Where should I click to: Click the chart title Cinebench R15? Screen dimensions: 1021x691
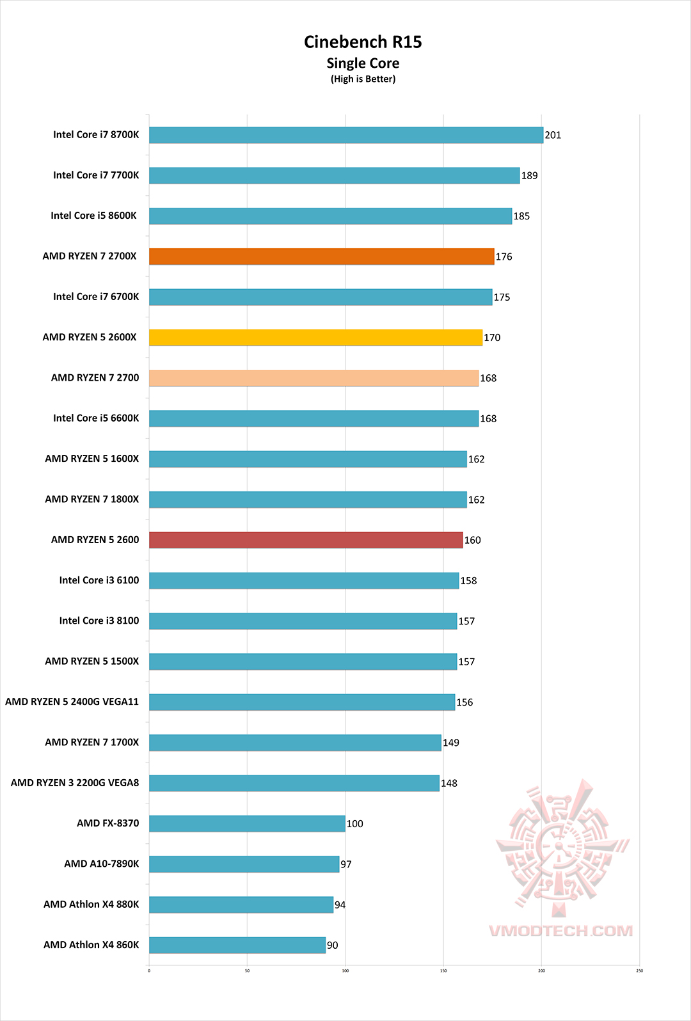[363, 42]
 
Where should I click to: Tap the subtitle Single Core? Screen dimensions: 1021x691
[363, 63]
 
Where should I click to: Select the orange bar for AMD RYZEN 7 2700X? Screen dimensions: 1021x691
[321, 257]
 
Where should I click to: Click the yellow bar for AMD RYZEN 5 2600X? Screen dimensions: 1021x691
[315, 337]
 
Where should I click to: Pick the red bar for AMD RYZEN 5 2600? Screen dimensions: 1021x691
[306, 540]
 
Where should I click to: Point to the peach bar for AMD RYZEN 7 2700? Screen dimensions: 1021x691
[314, 378]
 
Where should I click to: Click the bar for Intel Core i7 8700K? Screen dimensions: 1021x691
[345, 135]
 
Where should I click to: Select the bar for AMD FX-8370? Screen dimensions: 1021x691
[247, 823]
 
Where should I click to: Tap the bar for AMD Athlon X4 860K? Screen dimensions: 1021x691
[237, 945]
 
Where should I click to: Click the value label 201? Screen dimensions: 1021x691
[553, 135]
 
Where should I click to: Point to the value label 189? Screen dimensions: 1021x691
[529, 175]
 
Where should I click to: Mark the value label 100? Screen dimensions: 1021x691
[354, 823]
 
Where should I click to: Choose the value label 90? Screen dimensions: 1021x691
[333, 945]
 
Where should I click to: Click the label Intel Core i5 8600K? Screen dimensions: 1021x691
[93, 216]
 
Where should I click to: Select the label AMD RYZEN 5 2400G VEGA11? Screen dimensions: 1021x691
[72, 702]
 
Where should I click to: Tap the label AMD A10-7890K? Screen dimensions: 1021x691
[101, 864]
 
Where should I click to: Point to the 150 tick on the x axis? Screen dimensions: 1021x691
[443, 970]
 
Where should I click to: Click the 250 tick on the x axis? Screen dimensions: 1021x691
[639, 970]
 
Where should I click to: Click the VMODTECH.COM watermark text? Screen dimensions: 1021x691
[560, 931]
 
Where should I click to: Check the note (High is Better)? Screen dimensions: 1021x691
[363, 79]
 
